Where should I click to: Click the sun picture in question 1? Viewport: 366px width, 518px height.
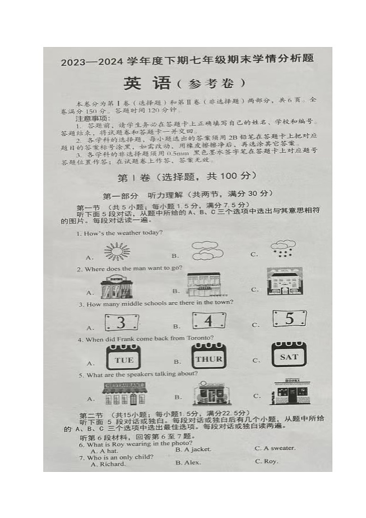pyautogui.click(x=117, y=251)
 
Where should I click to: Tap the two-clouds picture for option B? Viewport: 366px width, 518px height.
pyautogui.click(x=207, y=250)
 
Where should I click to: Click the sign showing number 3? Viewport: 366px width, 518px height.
pyautogui.click(x=121, y=322)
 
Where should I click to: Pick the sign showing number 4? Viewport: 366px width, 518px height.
pyautogui.click(x=209, y=320)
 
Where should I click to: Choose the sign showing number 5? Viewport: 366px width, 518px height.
pyautogui.click(x=289, y=318)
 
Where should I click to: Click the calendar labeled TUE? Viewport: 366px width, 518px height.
pyautogui.click(x=124, y=359)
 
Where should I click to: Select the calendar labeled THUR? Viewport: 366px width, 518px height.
pyautogui.click(x=209, y=357)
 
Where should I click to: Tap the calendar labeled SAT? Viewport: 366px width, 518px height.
pyautogui.click(x=289, y=355)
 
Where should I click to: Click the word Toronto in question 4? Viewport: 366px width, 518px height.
pyautogui.click(x=201, y=338)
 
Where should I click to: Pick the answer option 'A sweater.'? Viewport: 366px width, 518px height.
pyautogui.click(x=275, y=448)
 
